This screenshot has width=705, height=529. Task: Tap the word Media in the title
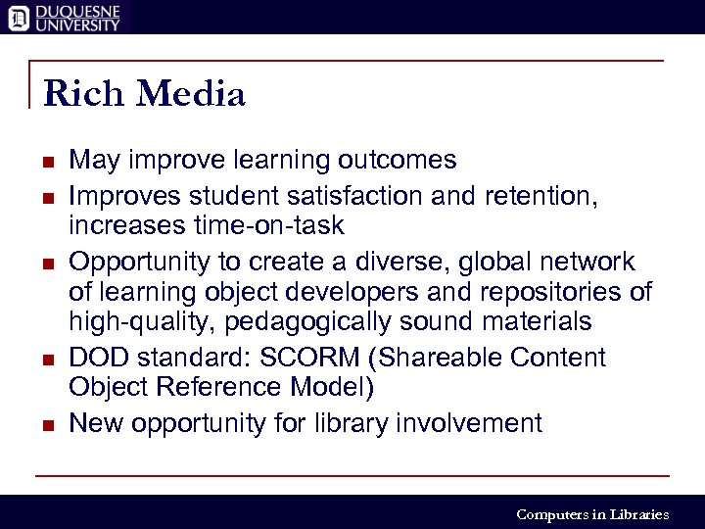[x=191, y=94]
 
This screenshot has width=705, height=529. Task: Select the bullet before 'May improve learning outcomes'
[x=48, y=161]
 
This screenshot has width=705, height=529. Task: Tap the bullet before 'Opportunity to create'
[x=48, y=263]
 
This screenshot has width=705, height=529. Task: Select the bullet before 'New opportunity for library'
[x=48, y=424]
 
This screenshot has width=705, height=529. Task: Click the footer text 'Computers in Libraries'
[x=592, y=514]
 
